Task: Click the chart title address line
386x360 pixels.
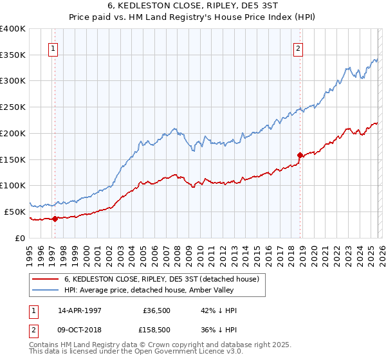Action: (x=192, y=5)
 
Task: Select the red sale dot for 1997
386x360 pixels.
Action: (x=55, y=219)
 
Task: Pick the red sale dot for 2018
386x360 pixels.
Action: (x=300, y=155)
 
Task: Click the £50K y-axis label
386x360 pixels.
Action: (x=15, y=212)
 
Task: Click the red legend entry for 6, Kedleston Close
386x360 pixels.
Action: (x=161, y=279)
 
